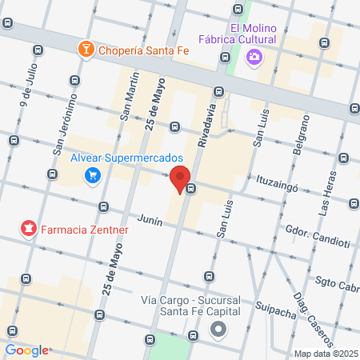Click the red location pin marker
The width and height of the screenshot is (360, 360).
[x=180, y=180]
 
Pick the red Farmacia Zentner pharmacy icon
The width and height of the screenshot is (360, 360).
[x=30, y=230]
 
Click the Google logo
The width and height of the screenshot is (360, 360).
[x=26, y=350]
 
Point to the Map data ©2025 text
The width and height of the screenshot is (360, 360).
[x=325, y=353]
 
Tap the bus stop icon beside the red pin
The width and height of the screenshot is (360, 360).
[x=191, y=189]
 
